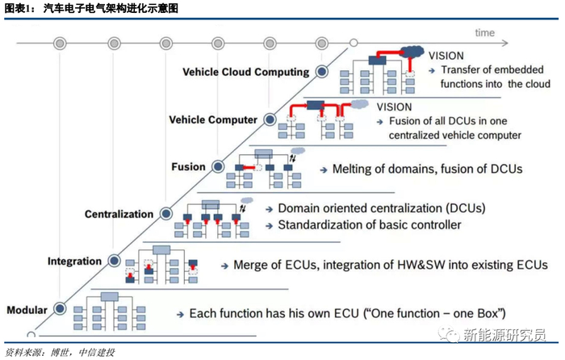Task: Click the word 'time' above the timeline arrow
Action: (485, 33)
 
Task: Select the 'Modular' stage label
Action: (26, 310)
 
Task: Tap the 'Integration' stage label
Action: (74, 262)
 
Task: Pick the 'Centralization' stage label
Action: (119, 214)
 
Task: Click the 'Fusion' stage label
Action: (188, 167)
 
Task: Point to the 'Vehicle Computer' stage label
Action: (213, 119)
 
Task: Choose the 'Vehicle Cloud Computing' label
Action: (246, 72)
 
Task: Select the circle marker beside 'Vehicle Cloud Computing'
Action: (321, 72)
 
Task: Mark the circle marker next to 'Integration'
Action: (113, 262)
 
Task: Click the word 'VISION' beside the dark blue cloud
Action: (447, 57)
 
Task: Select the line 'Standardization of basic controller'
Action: (370, 224)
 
